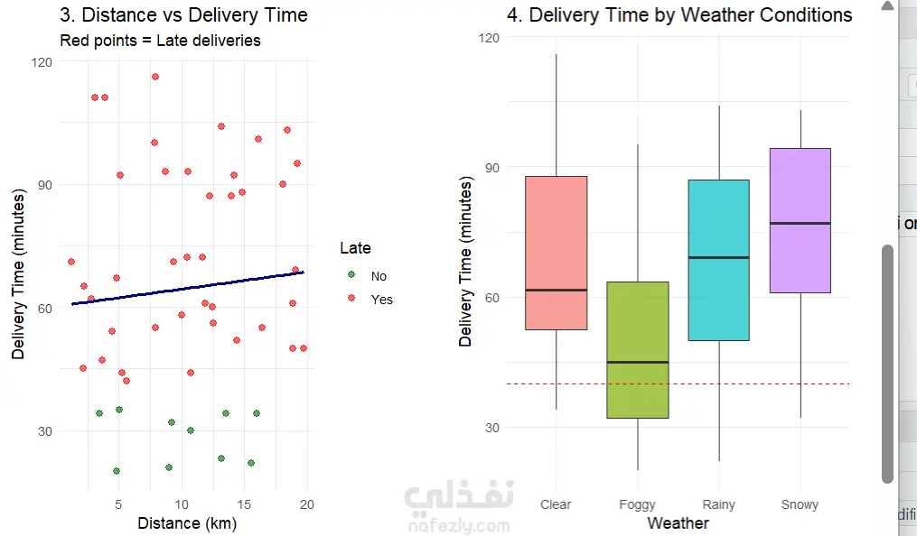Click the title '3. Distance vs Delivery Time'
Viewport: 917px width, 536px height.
[183, 15]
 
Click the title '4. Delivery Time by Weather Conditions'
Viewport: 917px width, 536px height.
[678, 15]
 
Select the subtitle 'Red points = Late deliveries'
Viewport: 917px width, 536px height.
[160, 41]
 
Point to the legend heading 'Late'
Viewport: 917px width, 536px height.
[355, 248]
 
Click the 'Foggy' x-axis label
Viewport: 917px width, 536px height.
[637, 504]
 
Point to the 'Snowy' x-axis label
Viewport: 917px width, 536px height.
[800, 504]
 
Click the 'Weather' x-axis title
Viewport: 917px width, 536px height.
[678, 523]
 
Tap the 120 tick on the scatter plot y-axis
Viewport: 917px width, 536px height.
[42, 62]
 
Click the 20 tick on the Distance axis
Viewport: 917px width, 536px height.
[307, 504]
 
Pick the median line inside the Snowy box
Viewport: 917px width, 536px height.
[800, 223]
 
